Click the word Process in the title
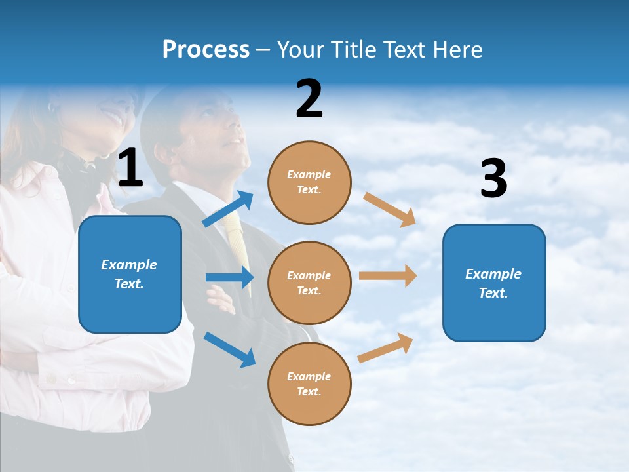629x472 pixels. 206,50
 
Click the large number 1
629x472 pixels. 130,168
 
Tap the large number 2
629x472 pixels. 309,99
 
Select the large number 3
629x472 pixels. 493,179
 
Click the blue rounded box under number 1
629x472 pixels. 130,274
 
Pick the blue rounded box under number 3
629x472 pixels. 494,283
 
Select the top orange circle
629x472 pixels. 309,182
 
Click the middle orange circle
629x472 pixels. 309,283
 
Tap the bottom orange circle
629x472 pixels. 309,383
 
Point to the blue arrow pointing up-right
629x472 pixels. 228,209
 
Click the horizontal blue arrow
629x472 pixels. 229,277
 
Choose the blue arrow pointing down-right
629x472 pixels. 229,349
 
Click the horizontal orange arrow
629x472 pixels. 387,276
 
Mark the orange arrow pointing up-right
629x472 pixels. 385,348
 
